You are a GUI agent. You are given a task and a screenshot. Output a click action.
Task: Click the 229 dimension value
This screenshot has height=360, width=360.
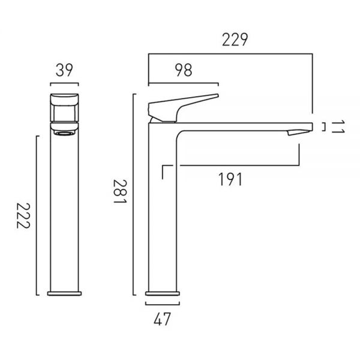click(235, 40)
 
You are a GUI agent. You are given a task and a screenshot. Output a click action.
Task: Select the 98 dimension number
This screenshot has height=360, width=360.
click(184, 70)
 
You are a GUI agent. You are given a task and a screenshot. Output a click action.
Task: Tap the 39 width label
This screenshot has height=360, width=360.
click(64, 70)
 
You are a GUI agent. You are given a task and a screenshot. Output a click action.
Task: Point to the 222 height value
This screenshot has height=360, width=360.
click(23, 216)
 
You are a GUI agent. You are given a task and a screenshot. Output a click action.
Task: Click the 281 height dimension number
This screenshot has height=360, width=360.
click(120, 191)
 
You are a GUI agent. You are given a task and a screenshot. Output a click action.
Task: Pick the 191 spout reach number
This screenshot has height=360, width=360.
click(230, 179)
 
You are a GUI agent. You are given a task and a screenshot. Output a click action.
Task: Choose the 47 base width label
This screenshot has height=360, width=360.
click(163, 319)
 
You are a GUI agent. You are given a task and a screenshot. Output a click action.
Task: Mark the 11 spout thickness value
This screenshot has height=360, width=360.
click(338, 127)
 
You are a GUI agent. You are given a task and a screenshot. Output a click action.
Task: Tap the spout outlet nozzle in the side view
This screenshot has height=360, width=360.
click(298, 133)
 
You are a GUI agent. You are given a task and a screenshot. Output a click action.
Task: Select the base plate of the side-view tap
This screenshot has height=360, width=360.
click(163, 293)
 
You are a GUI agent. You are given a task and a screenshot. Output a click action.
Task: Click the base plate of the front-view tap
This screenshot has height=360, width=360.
click(65, 293)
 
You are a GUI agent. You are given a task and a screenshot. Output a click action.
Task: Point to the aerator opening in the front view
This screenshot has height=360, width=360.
click(65, 133)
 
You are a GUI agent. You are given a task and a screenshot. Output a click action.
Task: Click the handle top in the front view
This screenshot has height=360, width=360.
click(65, 99)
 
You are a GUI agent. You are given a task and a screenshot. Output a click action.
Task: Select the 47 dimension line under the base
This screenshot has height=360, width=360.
click(163, 305)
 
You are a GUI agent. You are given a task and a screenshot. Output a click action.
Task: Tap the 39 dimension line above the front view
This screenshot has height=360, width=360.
click(65, 83)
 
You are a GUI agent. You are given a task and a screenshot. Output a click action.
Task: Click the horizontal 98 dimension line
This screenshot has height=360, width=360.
click(184, 83)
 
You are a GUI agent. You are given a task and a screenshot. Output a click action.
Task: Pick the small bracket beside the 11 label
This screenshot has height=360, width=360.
click(325, 127)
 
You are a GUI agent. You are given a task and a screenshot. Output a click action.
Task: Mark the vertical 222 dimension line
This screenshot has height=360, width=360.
click(37, 215)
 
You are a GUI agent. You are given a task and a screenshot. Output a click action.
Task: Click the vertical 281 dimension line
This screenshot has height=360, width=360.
click(133, 194)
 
